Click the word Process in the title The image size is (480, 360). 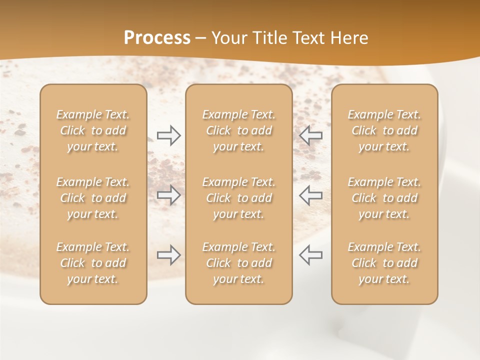157,38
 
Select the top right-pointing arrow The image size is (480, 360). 169,135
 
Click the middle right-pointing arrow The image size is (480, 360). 169,194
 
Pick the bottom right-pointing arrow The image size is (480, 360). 169,255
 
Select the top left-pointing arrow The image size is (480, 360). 310,135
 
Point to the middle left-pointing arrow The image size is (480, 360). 310,194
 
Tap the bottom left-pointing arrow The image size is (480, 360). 310,255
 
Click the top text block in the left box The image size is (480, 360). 93,130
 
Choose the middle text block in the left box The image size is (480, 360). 93,198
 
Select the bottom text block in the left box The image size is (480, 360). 93,263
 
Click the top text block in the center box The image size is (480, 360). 239,130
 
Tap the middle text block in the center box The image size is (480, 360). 239,198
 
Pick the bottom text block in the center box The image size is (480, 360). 239,263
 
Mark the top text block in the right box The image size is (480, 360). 384,130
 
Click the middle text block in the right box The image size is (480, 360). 384,198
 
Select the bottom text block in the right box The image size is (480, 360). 384,263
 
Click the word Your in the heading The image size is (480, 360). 228,38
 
